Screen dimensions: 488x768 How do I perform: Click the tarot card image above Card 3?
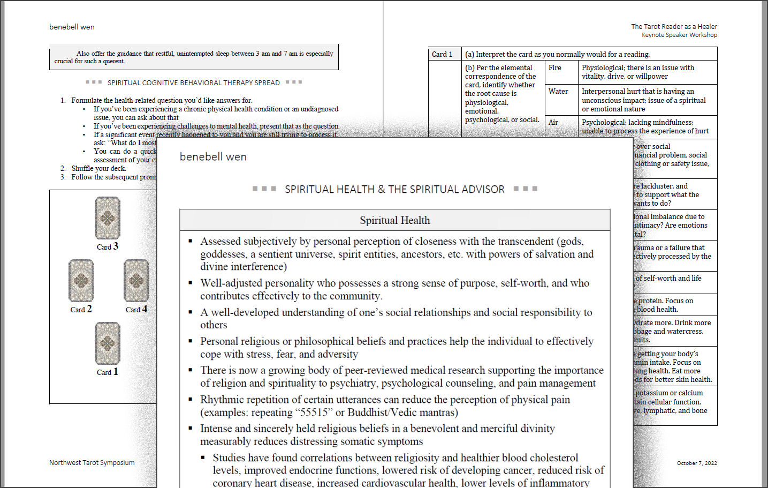click(x=108, y=218)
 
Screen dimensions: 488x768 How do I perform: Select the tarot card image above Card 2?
click(x=81, y=281)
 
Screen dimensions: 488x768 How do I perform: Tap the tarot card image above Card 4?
click(x=136, y=281)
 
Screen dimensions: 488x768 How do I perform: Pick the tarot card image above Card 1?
click(x=108, y=343)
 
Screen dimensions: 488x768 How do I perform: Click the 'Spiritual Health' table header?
click(x=394, y=220)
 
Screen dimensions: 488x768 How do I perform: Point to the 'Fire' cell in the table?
click(x=555, y=68)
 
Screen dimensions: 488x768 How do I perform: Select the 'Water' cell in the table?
click(x=558, y=92)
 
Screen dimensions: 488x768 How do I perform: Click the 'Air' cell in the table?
click(x=553, y=123)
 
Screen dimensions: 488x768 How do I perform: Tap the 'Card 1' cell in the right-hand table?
click(x=442, y=54)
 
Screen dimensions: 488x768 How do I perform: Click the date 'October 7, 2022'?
click(x=696, y=463)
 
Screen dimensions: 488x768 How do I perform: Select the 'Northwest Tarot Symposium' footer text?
click(x=92, y=463)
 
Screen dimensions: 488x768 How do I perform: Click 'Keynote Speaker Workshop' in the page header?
click(x=679, y=35)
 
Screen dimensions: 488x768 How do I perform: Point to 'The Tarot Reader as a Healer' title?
click(x=674, y=27)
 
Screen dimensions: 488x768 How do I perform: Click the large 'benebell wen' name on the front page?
click(x=213, y=157)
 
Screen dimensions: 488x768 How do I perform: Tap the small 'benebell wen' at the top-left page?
click(x=72, y=27)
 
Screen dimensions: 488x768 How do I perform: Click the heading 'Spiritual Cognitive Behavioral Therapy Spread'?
click(x=193, y=83)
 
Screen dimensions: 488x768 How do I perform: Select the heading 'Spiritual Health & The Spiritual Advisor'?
click(x=394, y=190)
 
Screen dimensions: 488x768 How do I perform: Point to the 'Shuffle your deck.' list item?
click(x=98, y=169)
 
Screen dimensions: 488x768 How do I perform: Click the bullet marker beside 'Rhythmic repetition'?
click(x=191, y=399)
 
